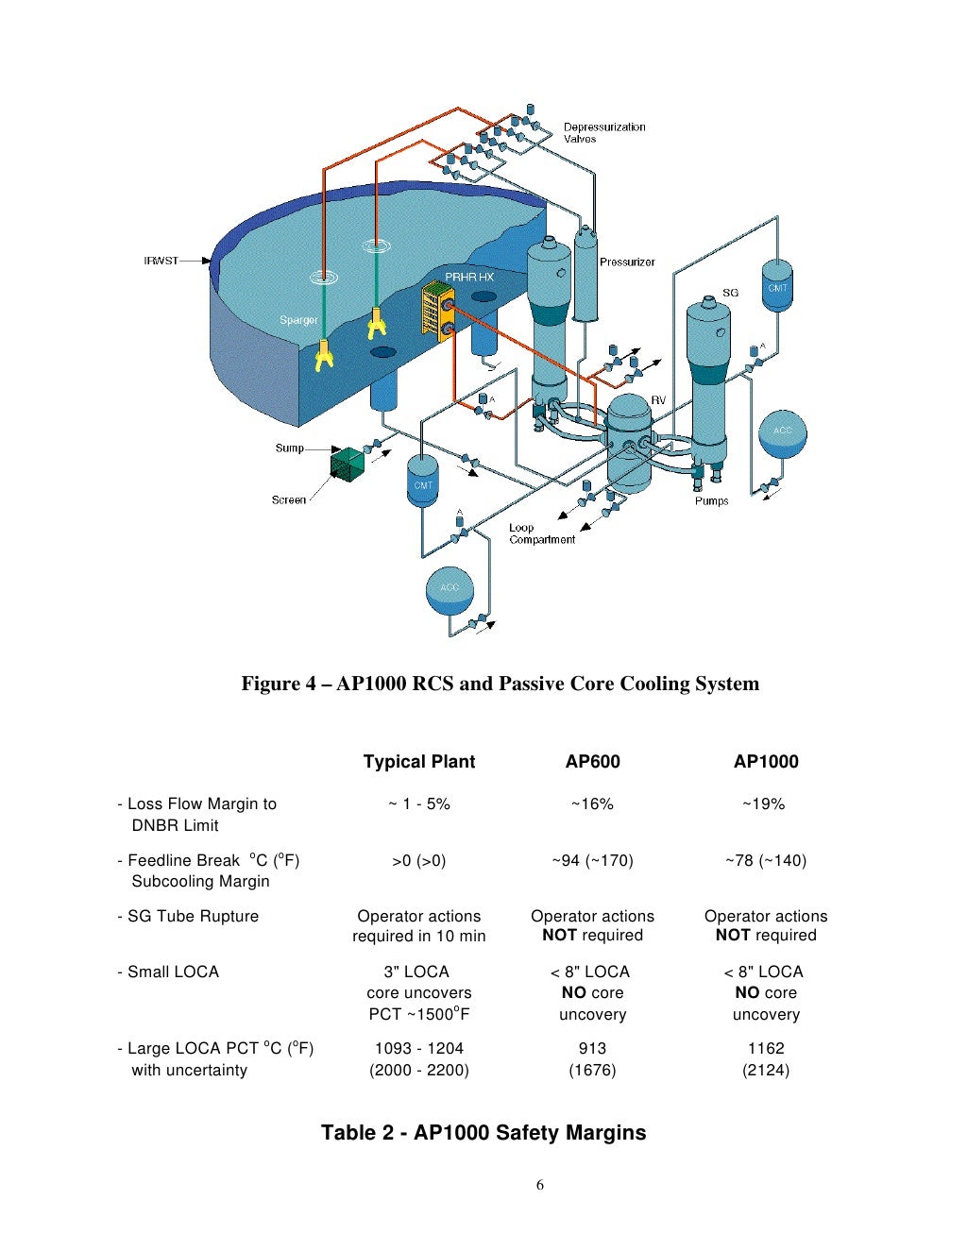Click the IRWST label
pyautogui.click(x=161, y=261)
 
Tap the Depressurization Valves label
pyautogui.click(x=604, y=132)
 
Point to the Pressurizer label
pyautogui.click(x=627, y=262)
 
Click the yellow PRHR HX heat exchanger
pyautogui.click(x=433, y=310)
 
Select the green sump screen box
pyautogui.click(x=347, y=464)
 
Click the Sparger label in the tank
pyautogui.click(x=298, y=320)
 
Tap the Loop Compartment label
pyautogui.click(x=541, y=533)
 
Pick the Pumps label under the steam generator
pyautogui.click(x=711, y=500)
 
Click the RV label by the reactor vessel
pyautogui.click(x=658, y=400)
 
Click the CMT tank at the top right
pyautogui.click(x=777, y=285)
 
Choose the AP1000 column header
pyautogui.click(x=766, y=762)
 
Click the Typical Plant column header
pyautogui.click(x=419, y=762)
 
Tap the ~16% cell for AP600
pyautogui.click(x=592, y=804)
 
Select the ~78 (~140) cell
pyautogui.click(x=766, y=860)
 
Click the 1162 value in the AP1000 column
pyautogui.click(x=766, y=1048)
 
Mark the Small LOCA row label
pyautogui.click(x=173, y=972)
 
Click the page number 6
pyautogui.click(x=540, y=1185)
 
